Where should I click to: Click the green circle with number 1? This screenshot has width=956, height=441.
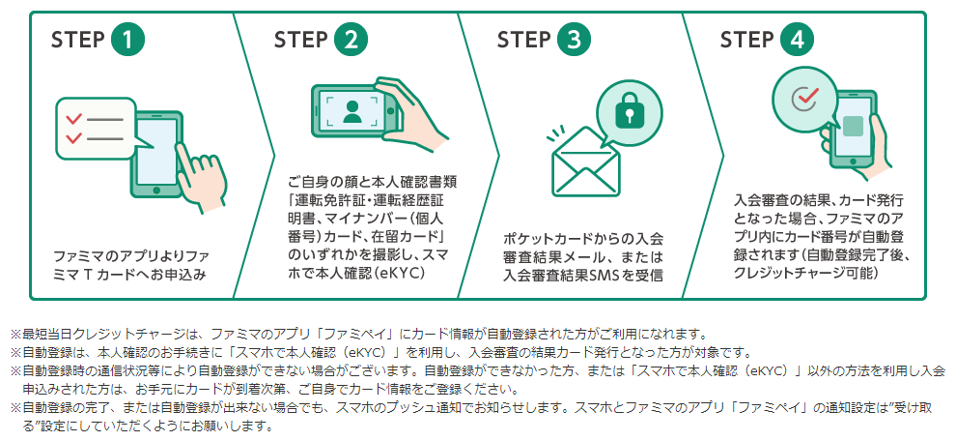click(x=128, y=41)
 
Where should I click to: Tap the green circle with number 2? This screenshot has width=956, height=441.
click(x=351, y=41)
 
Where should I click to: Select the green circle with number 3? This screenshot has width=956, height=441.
click(x=574, y=41)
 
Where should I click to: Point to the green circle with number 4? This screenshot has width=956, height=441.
click(x=797, y=41)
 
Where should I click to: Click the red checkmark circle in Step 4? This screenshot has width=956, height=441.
click(x=802, y=99)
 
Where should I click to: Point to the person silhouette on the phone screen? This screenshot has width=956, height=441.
click(x=350, y=112)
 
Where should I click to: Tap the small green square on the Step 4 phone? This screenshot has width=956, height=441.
click(x=852, y=126)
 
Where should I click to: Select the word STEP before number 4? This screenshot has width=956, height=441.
click(x=746, y=41)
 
